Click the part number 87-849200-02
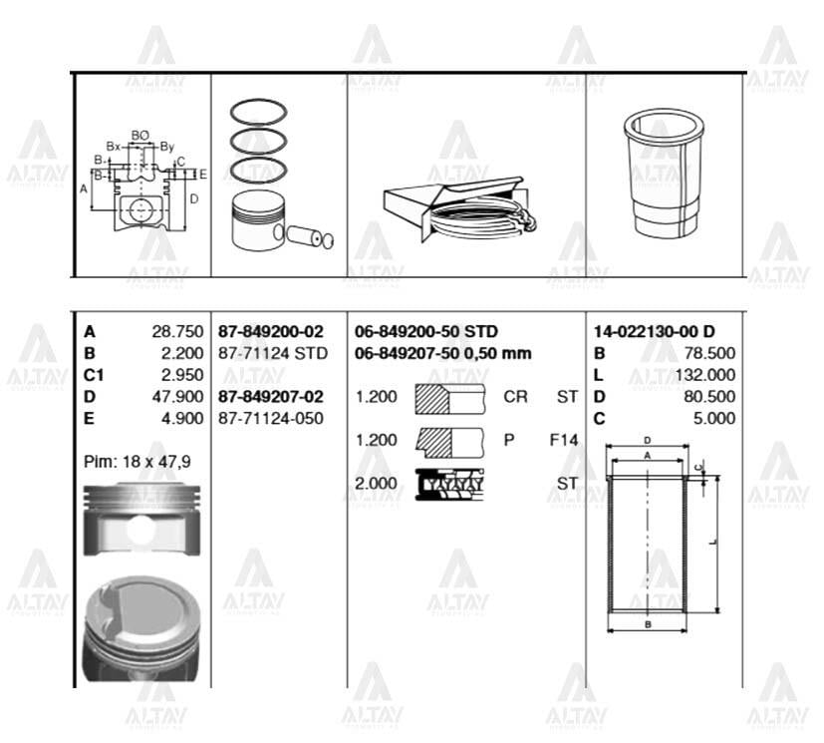[x=271, y=332]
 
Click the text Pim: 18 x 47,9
[x=136, y=462]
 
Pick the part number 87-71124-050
[x=271, y=418]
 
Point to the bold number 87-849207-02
[x=271, y=397]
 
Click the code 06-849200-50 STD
[x=426, y=332]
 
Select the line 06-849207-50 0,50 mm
[x=442, y=353]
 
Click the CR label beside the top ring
[x=515, y=397]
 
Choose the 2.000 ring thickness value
[x=377, y=484]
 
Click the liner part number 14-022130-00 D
[x=654, y=332]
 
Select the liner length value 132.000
[x=706, y=375]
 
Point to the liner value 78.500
[x=710, y=353]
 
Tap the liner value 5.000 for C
[x=714, y=418]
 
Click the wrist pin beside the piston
[x=309, y=237]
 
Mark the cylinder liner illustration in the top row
[x=664, y=175]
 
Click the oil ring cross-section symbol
[x=450, y=484]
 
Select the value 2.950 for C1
[x=182, y=375]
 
